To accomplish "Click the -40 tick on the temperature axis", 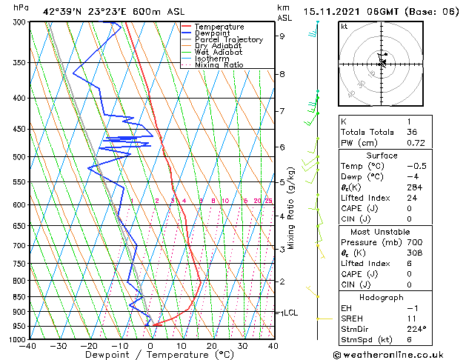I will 29,345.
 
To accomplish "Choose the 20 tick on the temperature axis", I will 212,345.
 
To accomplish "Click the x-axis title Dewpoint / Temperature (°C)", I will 150,355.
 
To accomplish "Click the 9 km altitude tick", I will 282,36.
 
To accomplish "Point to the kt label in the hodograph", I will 344,26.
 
